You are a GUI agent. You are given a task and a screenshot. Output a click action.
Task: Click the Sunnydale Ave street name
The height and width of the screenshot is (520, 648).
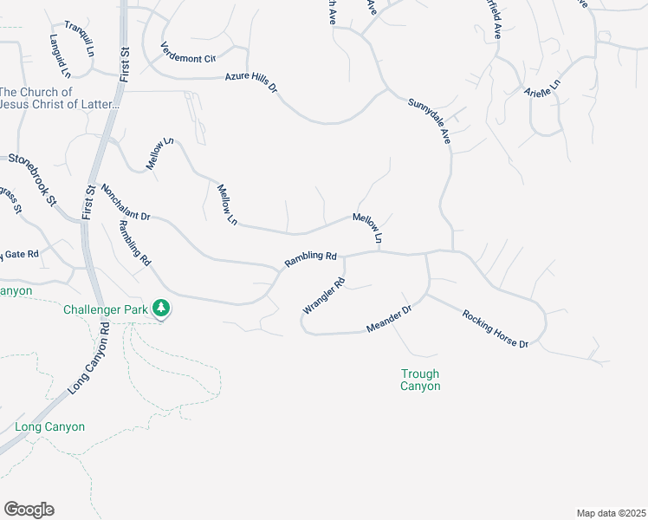[430, 120]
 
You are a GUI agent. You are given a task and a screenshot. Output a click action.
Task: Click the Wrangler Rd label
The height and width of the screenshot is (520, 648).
[324, 296]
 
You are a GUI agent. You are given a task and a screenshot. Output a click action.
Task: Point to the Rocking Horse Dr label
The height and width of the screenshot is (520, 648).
[495, 328]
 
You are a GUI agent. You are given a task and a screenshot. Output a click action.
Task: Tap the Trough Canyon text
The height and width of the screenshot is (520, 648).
[420, 380]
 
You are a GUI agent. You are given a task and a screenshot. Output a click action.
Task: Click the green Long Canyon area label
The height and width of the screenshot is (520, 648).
[50, 426]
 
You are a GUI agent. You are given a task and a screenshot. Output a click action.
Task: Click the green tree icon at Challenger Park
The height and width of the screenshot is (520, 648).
[160, 308]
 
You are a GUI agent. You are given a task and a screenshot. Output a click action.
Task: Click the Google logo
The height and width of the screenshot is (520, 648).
[29, 510]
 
